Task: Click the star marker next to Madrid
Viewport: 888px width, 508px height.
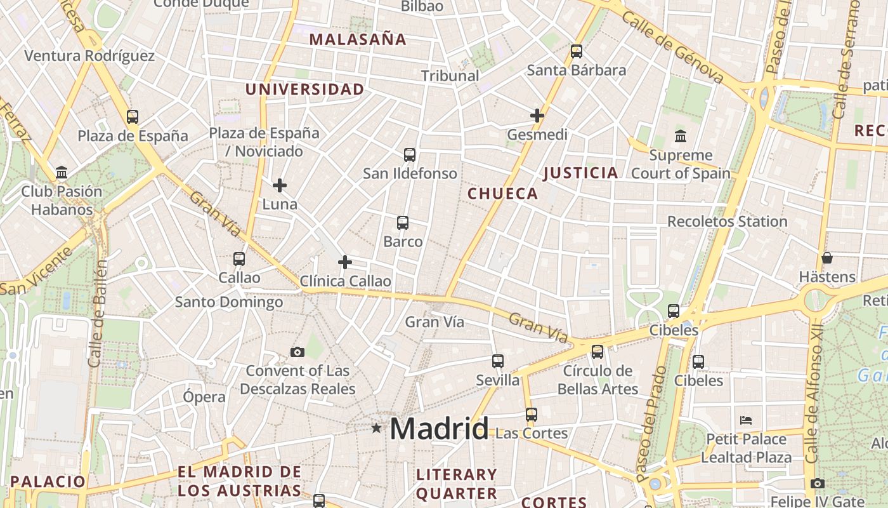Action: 376,428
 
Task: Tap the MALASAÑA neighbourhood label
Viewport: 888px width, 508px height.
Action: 358,39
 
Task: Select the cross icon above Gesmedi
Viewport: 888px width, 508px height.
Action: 537,116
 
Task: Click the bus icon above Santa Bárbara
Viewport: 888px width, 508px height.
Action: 576,51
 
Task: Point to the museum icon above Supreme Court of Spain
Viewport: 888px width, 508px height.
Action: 681,136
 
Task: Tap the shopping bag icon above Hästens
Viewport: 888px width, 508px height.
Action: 826,258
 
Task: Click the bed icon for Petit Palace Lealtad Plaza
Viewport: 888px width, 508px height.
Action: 746,420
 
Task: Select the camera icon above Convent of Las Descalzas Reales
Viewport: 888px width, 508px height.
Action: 297,352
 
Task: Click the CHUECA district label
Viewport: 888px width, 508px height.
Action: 502,194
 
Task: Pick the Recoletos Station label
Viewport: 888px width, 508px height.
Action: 727,222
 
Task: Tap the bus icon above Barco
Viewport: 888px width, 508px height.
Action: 403,223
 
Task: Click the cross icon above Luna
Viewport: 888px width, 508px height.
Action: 280,185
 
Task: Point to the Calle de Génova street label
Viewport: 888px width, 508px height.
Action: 672,47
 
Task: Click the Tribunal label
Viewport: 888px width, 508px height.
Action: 450,76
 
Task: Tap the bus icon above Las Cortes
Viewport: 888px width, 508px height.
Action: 531,415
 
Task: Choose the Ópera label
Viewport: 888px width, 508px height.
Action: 204,397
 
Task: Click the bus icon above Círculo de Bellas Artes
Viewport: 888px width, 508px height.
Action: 597,352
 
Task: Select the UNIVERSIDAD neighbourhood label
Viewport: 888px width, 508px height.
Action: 304,90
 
